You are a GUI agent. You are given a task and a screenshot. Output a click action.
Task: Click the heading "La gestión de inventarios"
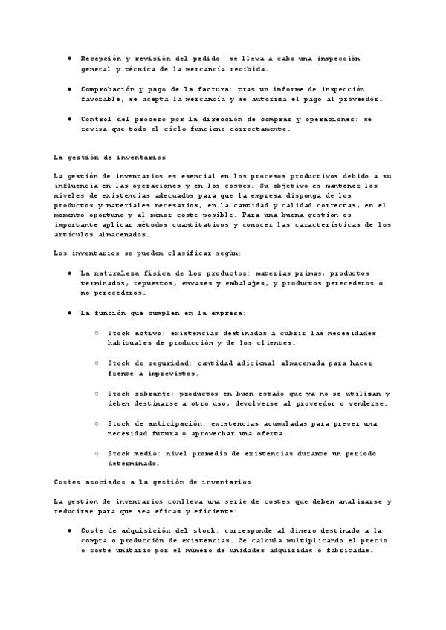(x=110, y=157)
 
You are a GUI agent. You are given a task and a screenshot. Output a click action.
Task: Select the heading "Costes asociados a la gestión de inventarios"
(x=152, y=481)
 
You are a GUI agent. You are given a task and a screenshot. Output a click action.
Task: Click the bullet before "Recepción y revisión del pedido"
(x=69, y=57)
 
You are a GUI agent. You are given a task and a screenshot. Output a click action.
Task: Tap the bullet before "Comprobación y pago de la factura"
(x=69, y=88)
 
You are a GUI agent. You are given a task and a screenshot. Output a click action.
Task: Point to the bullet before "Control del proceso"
(x=69, y=118)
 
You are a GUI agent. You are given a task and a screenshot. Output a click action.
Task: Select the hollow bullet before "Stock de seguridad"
(x=97, y=363)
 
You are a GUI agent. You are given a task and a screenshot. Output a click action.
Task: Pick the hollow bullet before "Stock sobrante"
(x=97, y=393)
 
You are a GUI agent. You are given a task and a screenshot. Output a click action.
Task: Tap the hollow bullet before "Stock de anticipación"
(x=97, y=423)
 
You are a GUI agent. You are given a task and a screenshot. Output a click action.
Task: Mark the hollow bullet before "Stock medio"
(x=97, y=453)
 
